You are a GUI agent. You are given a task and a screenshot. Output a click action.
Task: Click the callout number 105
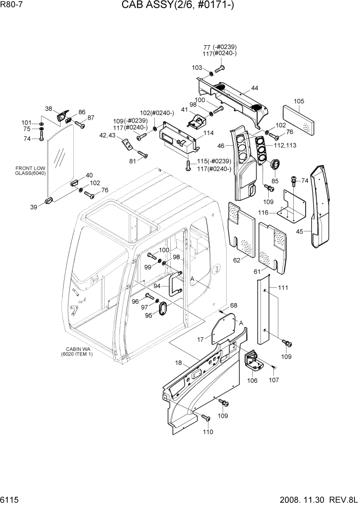299,101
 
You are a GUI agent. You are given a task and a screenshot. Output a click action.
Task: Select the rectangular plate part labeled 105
299,121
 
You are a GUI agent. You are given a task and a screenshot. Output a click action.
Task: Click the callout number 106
252,380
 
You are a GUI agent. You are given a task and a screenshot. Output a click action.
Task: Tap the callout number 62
236,260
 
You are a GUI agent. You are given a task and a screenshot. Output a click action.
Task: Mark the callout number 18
178,363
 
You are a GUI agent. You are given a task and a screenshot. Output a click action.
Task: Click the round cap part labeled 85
275,165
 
